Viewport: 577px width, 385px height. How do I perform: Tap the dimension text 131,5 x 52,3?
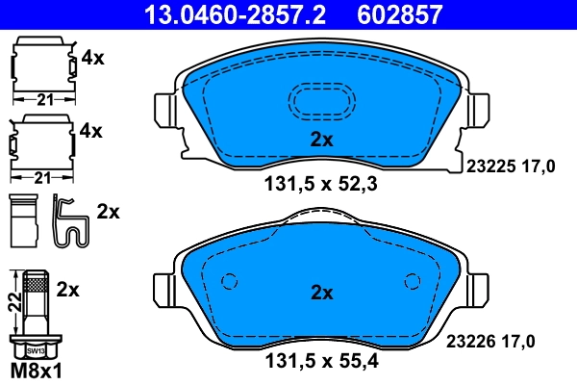(x=321, y=187)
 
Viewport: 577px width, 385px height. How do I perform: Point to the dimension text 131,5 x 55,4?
(x=321, y=364)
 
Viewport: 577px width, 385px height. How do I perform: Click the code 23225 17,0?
(x=511, y=167)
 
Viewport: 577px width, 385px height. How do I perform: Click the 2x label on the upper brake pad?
(x=321, y=140)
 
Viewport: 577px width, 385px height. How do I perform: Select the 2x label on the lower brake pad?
(x=321, y=292)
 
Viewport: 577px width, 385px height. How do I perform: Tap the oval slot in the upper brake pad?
(x=321, y=101)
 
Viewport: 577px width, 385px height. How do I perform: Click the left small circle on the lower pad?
(x=229, y=282)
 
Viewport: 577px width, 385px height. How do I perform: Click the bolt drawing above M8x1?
(x=36, y=312)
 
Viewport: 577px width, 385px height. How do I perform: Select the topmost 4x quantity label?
(x=92, y=57)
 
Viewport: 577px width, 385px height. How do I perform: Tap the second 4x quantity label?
(x=92, y=129)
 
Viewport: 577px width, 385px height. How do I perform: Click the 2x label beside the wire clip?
(x=109, y=212)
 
